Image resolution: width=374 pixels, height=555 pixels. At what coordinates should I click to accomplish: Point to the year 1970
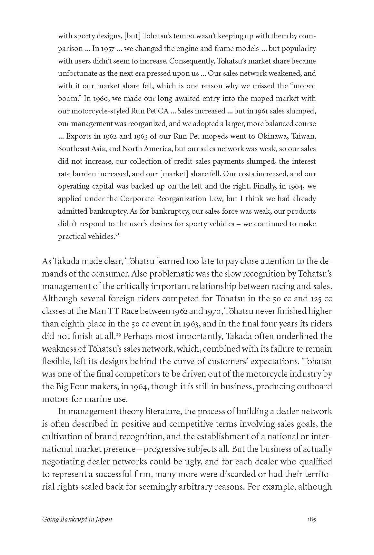click(212, 311)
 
